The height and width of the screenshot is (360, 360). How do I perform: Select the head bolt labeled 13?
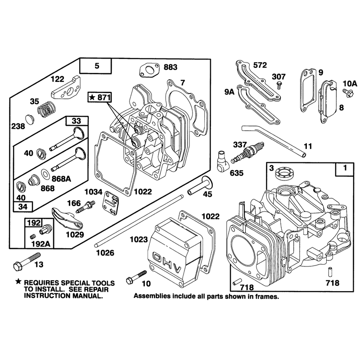pyautogui.click(x=27, y=262)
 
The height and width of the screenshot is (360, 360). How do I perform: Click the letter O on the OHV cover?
pyautogui.click(x=158, y=257)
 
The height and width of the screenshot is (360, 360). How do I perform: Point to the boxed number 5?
pyautogui.click(x=97, y=66)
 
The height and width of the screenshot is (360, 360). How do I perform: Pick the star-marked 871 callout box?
pyautogui.click(x=100, y=98)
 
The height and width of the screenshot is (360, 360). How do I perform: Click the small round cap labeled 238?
pyautogui.click(x=30, y=120)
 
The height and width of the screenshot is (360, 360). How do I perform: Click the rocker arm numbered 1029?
pyautogui.click(x=67, y=218)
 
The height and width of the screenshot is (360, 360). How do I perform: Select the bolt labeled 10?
pyautogui.click(x=136, y=277)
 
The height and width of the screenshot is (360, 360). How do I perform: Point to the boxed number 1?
pyautogui.click(x=345, y=169)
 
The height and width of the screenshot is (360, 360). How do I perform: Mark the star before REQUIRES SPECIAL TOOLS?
pyautogui.click(x=18, y=282)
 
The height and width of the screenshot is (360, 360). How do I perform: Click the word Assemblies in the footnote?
pyautogui.click(x=153, y=296)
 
